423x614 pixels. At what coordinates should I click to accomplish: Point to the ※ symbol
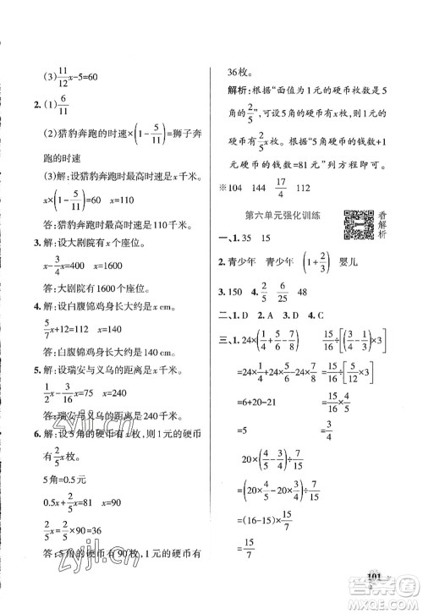tap(222, 191)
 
